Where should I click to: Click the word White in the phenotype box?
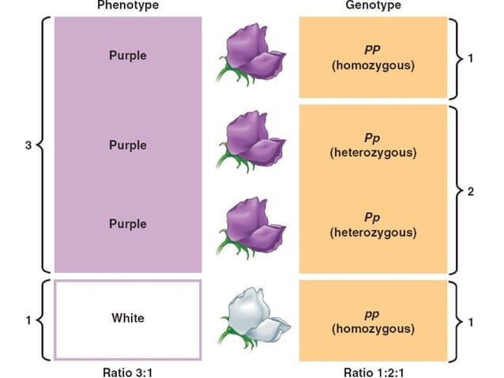point(127,318)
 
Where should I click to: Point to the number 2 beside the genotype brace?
point(470,192)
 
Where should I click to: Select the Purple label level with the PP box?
point(127,56)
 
